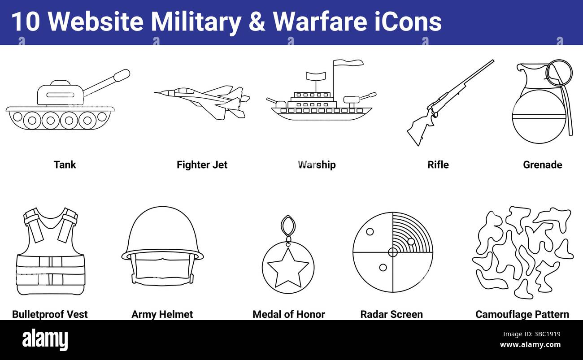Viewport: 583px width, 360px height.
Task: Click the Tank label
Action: (65, 165)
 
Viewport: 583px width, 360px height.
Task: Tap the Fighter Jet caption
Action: (202, 165)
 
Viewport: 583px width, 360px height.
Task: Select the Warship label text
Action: (317, 165)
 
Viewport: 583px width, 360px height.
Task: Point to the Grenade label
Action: (542, 165)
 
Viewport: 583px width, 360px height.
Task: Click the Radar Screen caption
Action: (392, 314)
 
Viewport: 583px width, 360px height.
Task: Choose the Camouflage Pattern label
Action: (522, 314)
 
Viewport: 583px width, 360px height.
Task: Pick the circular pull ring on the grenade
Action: (559, 73)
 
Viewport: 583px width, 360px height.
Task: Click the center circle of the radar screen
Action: (392, 252)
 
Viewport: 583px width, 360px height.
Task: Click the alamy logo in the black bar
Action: (45, 339)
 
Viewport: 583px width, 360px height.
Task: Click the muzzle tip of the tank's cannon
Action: (122, 75)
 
